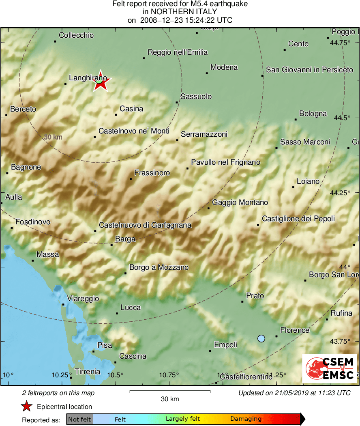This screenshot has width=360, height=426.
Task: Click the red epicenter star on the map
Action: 101,82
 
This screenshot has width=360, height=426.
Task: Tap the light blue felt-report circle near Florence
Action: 261,338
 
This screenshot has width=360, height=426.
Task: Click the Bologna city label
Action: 313,114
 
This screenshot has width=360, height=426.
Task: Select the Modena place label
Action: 224,67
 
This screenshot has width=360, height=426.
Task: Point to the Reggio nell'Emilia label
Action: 178,52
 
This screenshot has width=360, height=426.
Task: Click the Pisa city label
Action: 105,345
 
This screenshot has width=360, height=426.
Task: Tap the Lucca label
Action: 131,308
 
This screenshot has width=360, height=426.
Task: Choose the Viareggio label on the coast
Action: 83,299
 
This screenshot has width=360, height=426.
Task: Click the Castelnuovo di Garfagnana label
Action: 145,225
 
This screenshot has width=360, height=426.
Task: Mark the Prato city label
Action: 255,296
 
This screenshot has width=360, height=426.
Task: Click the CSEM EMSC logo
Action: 330,368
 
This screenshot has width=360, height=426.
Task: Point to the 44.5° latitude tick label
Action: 340,118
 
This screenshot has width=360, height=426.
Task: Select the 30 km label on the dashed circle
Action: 53,137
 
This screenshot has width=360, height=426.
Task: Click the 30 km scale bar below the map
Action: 170,392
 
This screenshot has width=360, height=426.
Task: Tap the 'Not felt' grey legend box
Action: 79,419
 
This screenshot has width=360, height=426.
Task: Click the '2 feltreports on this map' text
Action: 58,393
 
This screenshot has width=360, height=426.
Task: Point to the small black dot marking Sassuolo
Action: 177,102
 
